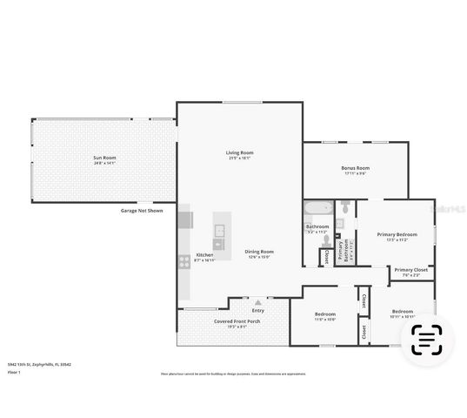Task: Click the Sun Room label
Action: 104,159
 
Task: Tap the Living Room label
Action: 240,154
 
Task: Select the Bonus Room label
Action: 355,169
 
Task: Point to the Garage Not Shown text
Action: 142,211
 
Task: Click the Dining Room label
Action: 258,253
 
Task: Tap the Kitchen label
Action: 204,257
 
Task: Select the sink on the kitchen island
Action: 219,231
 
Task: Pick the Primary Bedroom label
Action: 397,236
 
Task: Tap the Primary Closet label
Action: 410,272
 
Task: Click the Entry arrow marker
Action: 257,302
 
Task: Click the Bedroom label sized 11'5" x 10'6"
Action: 325,314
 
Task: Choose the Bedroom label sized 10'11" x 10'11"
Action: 402,313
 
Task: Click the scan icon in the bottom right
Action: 426,340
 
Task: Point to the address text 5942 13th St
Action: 39,364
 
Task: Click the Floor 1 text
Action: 14,372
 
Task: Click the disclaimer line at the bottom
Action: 233,374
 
